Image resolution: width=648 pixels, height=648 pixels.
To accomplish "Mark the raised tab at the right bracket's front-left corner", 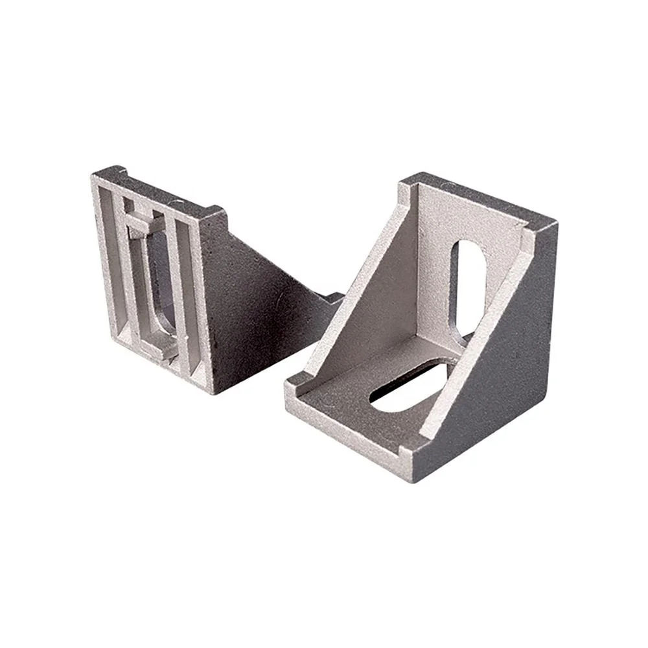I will coord(293,386).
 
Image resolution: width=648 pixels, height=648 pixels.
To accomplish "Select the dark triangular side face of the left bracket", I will coord(259,305).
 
